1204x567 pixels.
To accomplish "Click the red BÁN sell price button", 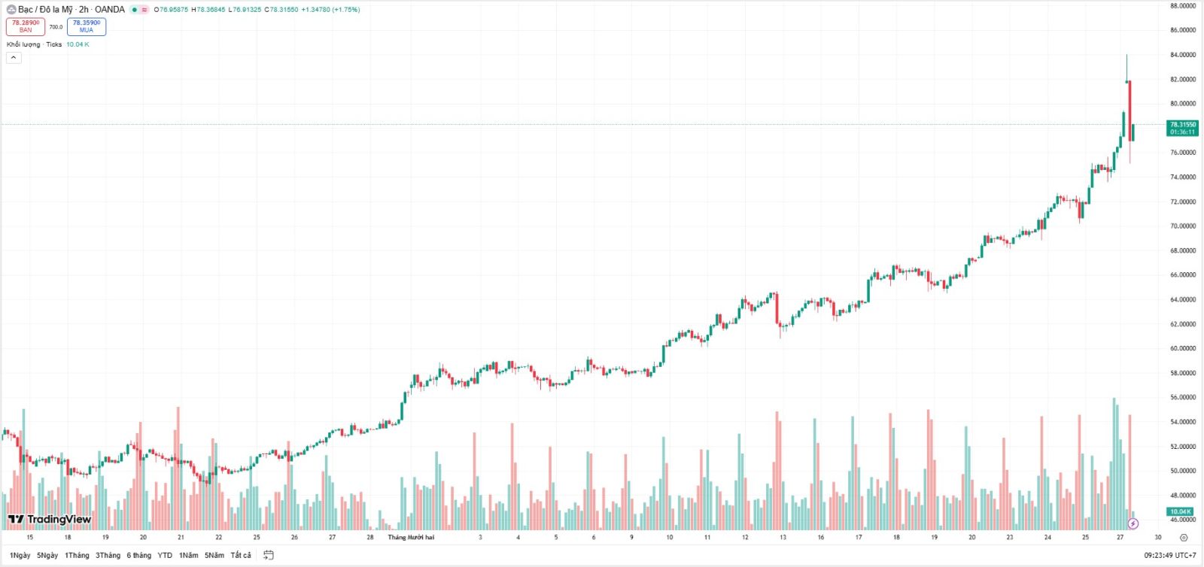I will (x=26, y=26).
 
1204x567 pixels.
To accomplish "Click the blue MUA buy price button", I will (x=87, y=26).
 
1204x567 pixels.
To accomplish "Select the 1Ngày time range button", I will (x=20, y=555).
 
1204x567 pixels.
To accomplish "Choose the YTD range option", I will (x=165, y=555).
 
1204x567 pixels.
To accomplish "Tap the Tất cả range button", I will (x=241, y=555).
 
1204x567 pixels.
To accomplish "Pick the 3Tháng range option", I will (x=108, y=555).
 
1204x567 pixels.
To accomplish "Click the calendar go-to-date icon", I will (x=269, y=555).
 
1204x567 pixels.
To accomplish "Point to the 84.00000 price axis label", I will (x=1182, y=55).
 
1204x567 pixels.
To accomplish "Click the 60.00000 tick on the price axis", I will (x=1182, y=348).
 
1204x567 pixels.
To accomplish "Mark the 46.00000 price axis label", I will (x=1182, y=520).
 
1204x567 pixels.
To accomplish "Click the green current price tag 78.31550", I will (x=1182, y=128).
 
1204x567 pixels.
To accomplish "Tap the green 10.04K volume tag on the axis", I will (x=1180, y=511).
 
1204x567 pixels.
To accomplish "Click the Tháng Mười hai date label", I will (x=411, y=537).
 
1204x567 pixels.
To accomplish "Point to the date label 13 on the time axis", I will (x=783, y=537).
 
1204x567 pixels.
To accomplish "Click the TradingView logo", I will (x=50, y=519).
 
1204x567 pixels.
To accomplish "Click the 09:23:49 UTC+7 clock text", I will (x=1169, y=555).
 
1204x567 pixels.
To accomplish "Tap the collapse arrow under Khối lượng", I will (x=14, y=57).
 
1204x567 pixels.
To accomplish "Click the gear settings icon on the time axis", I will (x=1184, y=538).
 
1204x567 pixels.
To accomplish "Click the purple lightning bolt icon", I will (x=1133, y=523).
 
